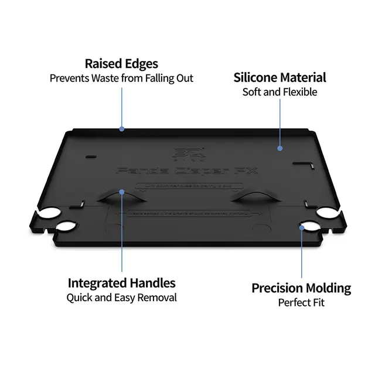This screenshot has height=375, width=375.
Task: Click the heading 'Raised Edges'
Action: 121,64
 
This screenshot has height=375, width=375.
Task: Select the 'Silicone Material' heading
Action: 279,77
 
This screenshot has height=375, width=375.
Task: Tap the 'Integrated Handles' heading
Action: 121,283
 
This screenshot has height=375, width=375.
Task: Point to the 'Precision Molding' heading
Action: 301,288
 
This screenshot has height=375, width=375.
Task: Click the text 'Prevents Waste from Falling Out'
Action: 121,79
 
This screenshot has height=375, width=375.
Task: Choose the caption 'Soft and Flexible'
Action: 279,92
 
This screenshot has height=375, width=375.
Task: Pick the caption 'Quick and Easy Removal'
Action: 121,298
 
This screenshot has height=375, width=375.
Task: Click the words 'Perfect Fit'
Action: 301,303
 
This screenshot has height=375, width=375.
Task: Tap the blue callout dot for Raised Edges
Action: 122,129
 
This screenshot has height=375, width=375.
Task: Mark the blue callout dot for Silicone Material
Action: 280,149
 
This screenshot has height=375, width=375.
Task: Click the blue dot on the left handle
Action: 122,192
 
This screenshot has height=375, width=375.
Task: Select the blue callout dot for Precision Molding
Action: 302,225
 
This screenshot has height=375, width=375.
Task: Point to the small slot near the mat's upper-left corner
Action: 89,156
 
